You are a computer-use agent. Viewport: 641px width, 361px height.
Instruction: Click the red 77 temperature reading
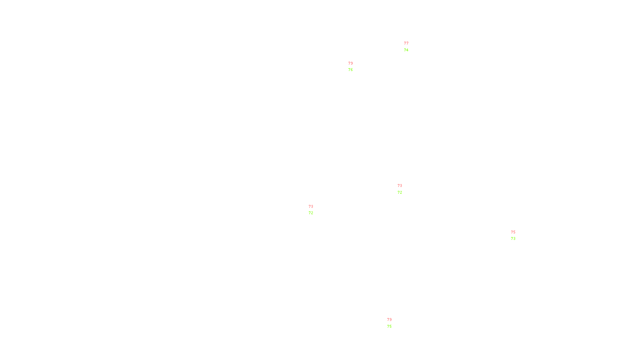[406, 43]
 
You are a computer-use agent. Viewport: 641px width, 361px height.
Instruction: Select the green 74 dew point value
[406, 50]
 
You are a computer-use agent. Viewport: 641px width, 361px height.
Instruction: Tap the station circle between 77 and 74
[410, 47]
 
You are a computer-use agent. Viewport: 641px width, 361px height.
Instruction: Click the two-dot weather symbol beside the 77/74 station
[407, 47]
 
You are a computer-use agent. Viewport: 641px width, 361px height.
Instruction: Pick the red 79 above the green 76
[351, 63]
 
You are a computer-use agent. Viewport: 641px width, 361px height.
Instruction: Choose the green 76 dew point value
[351, 70]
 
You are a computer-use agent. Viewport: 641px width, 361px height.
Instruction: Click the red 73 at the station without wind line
[400, 186]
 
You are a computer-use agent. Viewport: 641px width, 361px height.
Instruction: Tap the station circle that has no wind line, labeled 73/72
[404, 189]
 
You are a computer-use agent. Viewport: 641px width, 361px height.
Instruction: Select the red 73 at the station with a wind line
[311, 207]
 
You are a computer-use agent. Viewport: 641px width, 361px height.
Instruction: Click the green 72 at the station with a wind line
[311, 213]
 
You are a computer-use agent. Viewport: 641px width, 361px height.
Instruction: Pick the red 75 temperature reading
[513, 232]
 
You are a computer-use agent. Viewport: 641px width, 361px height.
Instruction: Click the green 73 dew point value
[513, 239]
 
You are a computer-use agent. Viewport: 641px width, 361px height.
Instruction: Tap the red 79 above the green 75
[389, 320]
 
